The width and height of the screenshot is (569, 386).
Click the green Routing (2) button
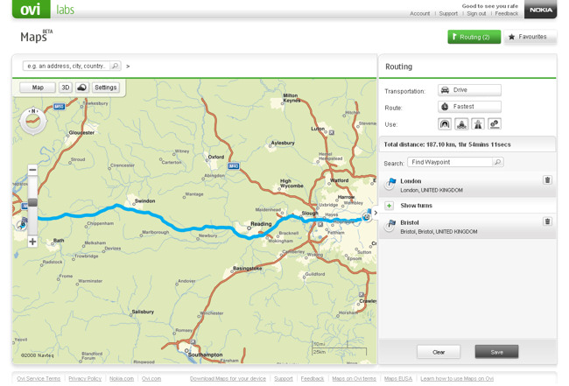pyautogui.click(x=474, y=37)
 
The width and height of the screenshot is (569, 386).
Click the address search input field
pyautogui.click(x=67, y=66)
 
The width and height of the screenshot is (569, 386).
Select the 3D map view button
pyautogui.click(x=65, y=88)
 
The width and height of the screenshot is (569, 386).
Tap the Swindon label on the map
pyautogui.click(x=144, y=201)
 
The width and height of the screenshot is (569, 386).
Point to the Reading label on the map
pyautogui.click(x=261, y=224)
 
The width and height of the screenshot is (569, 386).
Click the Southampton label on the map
pyautogui.click(x=206, y=354)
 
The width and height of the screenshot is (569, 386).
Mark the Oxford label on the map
pyautogui.click(x=216, y=158)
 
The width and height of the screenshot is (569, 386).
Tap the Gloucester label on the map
pyautogui.click(x=81, y=133)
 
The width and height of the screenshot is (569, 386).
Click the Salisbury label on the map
pyautogui.click(x=143, y=312)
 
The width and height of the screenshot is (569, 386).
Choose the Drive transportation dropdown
pyautogui.click(x=469, y=90)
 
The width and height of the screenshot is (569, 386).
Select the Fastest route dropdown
pyautogui.click(x=469, y=107)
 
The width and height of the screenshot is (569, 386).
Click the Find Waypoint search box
pyautogui.click(x=450, y=162)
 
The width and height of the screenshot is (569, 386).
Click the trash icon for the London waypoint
pyautogui.click(x=547, y=180)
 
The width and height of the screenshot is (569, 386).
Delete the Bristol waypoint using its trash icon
pyautogui.click(x=547, y=221)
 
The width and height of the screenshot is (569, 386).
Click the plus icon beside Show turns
pyautogui.click(x=390, y=206)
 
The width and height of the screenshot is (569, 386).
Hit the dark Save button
pyautogui.click(x=496, y=352)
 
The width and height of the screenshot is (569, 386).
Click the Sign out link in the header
pyautogui.click(x=476, y=14)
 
